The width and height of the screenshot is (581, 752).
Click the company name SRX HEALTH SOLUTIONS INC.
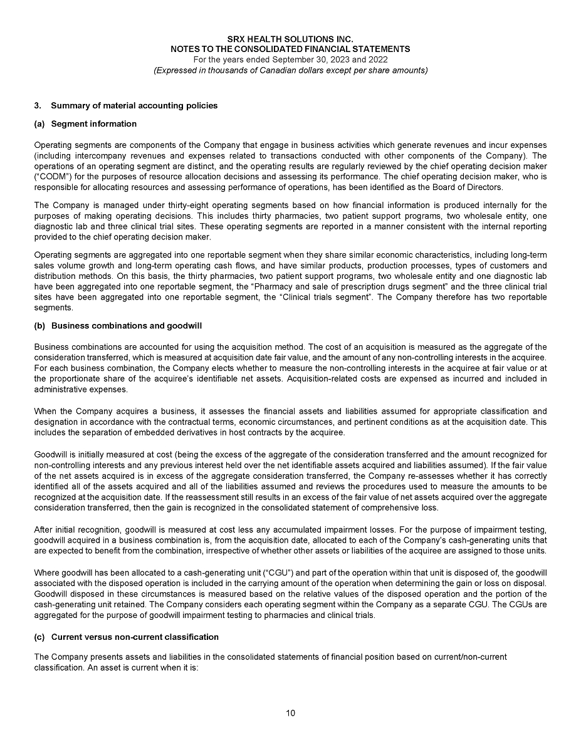tap(290, 39)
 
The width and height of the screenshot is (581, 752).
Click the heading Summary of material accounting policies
tap(134, 105)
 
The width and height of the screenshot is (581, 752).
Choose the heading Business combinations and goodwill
tap(126, 326)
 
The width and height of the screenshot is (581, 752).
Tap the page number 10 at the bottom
tap(290, 713)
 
